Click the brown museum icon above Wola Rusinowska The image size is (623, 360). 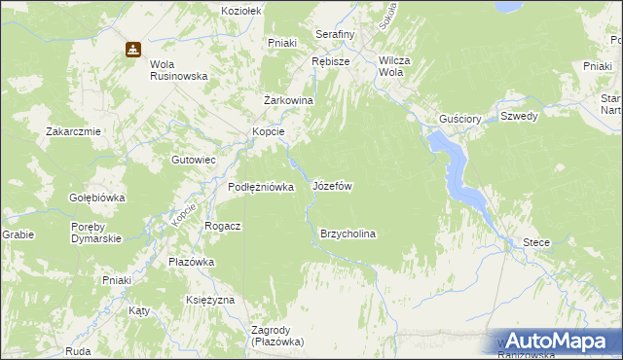(132, 50)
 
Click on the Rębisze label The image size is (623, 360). (331, 60)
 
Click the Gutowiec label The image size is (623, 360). (193, 159)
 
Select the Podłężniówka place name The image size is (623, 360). (261, 187)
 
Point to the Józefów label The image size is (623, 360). (331, 185)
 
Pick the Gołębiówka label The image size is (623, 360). (96, 198)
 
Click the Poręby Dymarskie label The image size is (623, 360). (95, 234)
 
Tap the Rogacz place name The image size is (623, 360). (222, 225)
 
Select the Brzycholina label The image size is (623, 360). (348, 234)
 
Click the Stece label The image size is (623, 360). (536, 242)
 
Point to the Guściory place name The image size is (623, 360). (460, 118)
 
